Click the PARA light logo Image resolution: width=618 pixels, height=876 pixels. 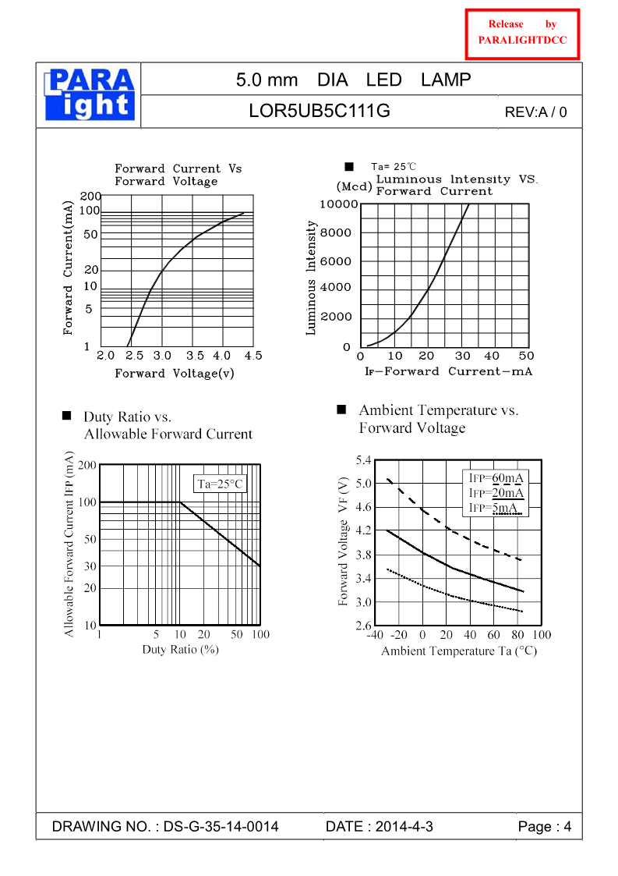[x=90, y=95]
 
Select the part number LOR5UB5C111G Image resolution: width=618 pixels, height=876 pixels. [x=320, y=111]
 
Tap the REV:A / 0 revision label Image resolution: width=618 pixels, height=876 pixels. [x=536, y=112]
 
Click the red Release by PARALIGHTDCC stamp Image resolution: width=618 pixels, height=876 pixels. [x=522, y=34]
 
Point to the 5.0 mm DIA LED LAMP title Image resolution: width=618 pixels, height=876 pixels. [x=353, y=80]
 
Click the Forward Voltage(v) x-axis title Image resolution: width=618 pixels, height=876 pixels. [x=175, y=374]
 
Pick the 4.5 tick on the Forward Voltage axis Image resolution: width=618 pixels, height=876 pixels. [x=252, y=356]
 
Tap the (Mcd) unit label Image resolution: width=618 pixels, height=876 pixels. [x=355, y=187]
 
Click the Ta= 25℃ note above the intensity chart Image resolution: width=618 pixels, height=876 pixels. [x=394, y=167]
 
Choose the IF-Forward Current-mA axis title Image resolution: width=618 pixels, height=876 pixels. [x=448, y=371]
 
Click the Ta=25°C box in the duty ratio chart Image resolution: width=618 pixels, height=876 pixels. [x=220, y=484]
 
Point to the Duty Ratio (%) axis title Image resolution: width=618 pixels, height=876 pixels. [x=179, y=649]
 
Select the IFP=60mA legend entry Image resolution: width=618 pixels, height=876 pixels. [x=496, y=478]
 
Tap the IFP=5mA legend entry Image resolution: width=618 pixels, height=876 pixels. [x=493, y=508]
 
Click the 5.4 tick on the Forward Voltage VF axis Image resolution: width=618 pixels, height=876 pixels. [x=364, y=460]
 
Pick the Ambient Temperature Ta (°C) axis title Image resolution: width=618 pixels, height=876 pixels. [x=459, y=651]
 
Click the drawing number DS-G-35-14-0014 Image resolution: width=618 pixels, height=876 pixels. [x=165, y=827]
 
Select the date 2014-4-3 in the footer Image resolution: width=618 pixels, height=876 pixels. [x=379, y=827]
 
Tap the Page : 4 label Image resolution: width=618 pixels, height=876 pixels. [x=545, y=827]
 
